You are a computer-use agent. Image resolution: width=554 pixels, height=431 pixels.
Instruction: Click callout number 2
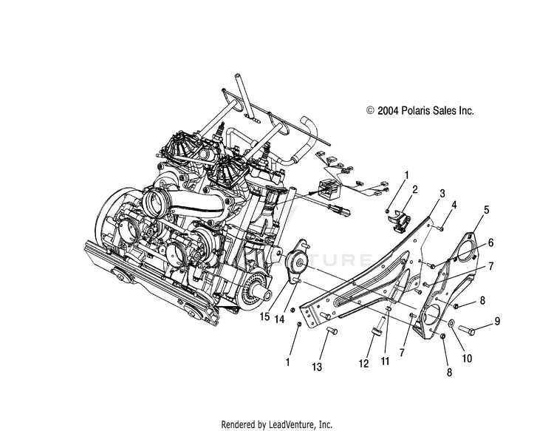(x=415, y=190)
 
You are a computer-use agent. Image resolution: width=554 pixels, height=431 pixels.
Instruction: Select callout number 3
(x=442, y=193)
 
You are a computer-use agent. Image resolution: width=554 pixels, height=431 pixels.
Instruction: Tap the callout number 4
(x=454, y=204)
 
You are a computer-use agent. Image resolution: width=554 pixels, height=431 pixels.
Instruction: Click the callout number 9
(x=490, y=265)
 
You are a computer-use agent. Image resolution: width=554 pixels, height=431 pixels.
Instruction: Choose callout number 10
(x=497, y=321)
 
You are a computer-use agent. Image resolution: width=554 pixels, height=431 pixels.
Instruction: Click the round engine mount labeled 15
(x=298, y=261)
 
